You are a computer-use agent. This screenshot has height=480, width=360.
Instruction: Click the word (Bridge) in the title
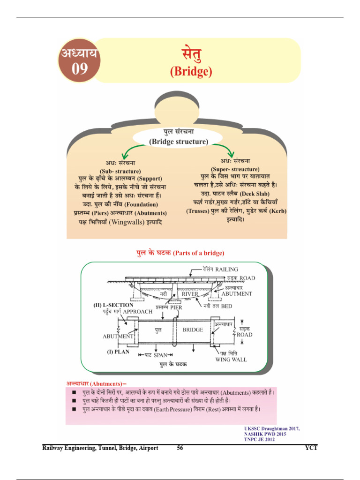click(x=191, y=71)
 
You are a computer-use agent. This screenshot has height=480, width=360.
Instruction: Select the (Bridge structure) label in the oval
click(x=178, y=141)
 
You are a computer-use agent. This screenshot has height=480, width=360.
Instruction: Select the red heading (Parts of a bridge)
click(x=198, y=253)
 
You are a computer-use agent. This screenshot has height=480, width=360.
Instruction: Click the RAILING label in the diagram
click(x=227, y=270)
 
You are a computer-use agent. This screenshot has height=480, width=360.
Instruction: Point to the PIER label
click(x=176, y=308)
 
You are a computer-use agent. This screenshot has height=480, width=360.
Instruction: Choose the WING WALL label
click(x=231, y=360)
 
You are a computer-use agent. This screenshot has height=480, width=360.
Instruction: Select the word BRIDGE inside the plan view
click(x=193, y=330)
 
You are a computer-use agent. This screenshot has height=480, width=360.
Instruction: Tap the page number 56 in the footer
click(x=180, y=448)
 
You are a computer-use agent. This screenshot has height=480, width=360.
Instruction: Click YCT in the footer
click(x=311, y=448)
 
